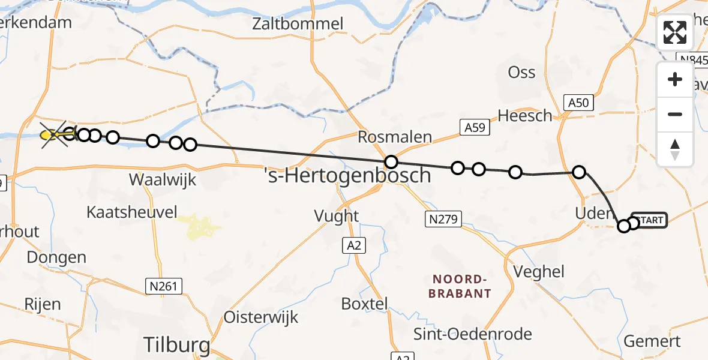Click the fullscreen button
[675, 32]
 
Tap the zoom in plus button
[675, 79]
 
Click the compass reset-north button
[675, 149]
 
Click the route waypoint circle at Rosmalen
[391, 161]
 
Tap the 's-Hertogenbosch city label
[348, 176]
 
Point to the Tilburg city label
[176, 345]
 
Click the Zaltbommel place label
[298, 24]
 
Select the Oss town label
[521, 72]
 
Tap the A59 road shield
[475, 127]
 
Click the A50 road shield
[578, 103]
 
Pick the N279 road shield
[443, 219]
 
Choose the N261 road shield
[164, 287]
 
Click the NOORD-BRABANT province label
[461, 286]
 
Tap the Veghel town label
[539, 271]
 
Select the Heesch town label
[526, 115]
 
